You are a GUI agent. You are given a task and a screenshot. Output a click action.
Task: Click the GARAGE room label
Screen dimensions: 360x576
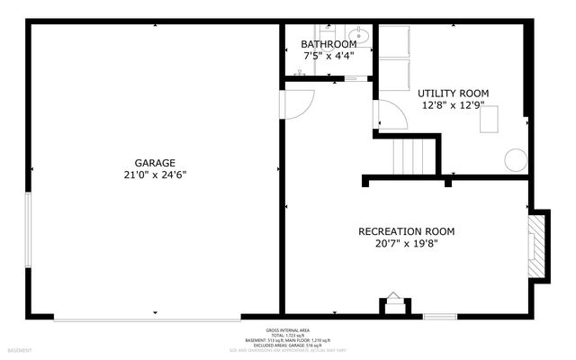(157, 163)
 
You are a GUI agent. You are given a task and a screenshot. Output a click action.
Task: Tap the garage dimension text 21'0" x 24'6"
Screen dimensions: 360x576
(157, 175)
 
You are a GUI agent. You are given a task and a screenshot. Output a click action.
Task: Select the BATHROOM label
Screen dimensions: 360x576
(324, 44)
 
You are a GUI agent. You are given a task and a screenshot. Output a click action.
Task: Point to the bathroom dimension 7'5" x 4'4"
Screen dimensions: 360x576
(324, 56)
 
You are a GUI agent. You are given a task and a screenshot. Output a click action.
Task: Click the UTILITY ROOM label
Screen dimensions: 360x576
(453, 93)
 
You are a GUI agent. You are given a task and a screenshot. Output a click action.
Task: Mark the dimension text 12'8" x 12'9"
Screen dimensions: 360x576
(453, 104)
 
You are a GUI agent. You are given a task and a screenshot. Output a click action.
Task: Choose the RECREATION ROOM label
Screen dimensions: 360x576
(406, 231)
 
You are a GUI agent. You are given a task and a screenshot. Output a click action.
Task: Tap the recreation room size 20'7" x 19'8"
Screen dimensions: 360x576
(406, 243)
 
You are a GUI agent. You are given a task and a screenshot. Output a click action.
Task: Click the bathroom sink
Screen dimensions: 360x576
(358, 37)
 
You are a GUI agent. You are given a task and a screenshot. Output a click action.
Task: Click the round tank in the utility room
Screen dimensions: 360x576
(515, 160)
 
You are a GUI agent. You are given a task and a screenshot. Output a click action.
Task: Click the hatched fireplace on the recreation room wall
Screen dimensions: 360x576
(537, 246)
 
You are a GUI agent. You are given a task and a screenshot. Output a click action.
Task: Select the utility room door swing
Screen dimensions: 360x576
(389, 114)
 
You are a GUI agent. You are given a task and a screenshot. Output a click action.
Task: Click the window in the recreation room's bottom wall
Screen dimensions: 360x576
(439, 317)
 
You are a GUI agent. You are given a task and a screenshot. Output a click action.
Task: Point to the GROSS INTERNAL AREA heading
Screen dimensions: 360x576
(288, 330)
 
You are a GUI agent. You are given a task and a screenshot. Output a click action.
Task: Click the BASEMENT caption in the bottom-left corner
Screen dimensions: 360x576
(20, 350)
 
